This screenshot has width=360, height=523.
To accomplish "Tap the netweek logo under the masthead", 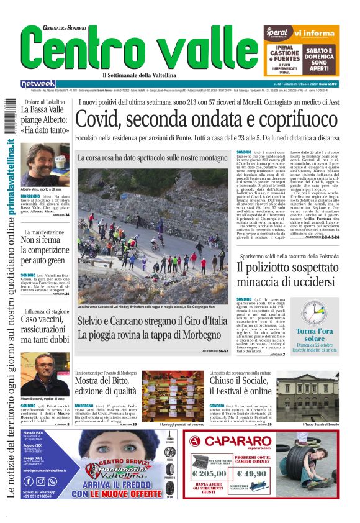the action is point(38,84).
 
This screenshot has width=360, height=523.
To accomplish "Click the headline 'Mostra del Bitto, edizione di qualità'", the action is point(105,386).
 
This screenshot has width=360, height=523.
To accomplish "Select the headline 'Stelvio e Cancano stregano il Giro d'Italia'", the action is point(153,322).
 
